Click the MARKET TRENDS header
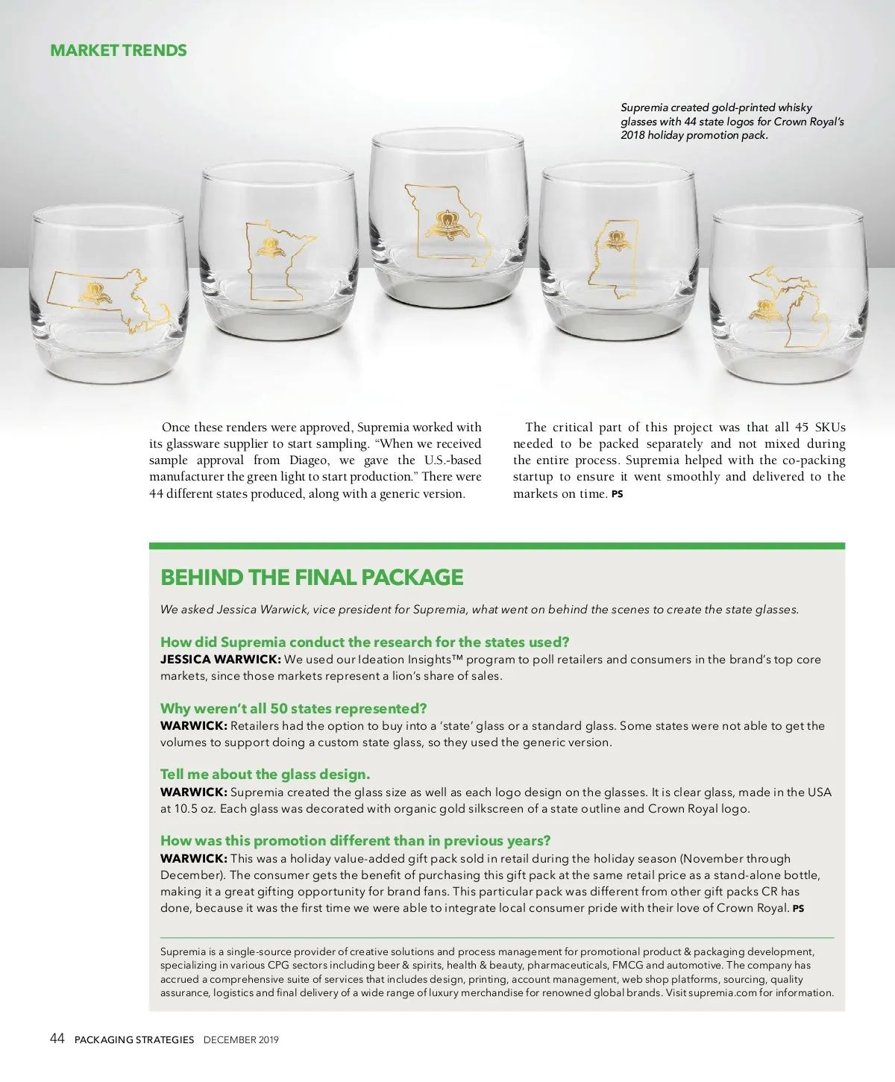119,51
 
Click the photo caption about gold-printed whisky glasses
732,121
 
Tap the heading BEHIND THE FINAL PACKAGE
312,578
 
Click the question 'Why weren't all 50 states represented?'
293,708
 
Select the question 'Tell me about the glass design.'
265,774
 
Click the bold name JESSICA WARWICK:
220,660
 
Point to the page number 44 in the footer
57,1038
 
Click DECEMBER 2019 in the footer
241,1039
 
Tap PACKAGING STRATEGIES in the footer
134,1039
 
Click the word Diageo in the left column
308,460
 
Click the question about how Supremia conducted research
365,642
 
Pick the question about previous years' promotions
355,840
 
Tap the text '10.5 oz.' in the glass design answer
188,809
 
